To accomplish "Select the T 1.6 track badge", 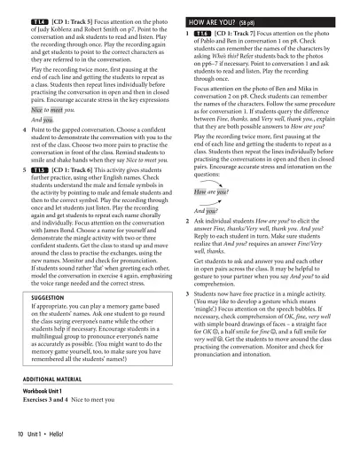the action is pyautogui.click(x=207, y=34).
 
